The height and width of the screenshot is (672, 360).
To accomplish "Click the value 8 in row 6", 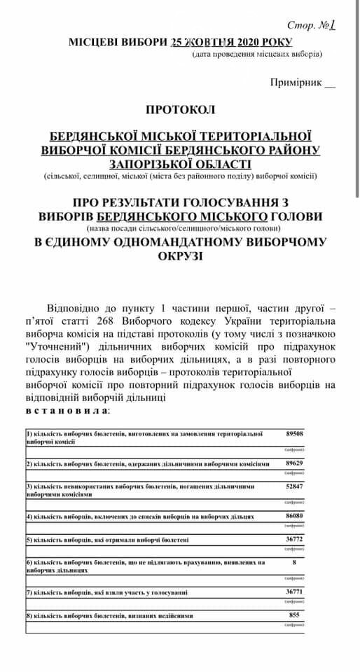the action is click(294, 561).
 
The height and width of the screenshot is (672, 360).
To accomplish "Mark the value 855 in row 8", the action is click(294, 615).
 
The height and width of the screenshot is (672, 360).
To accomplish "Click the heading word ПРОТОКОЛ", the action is click(181, 110).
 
